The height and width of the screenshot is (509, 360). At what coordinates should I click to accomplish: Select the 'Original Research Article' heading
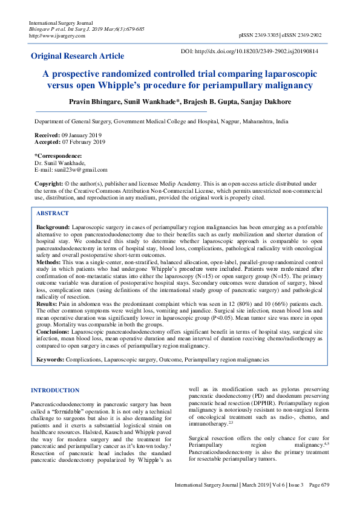click(x=77, y=56)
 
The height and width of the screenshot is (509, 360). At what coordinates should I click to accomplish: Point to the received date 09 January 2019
click(x=80, y=135)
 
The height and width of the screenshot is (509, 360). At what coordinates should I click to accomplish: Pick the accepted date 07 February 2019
click(x=83, y=142)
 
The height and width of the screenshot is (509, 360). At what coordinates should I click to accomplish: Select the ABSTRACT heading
click(x=53, y=213)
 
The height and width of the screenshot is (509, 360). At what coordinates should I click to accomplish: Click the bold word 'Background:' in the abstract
click(x=53, y=226)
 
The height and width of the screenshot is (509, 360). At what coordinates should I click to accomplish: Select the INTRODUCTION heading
click(x=55, y=391)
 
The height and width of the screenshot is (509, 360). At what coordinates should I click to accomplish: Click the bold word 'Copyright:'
click(x=49, y=183)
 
